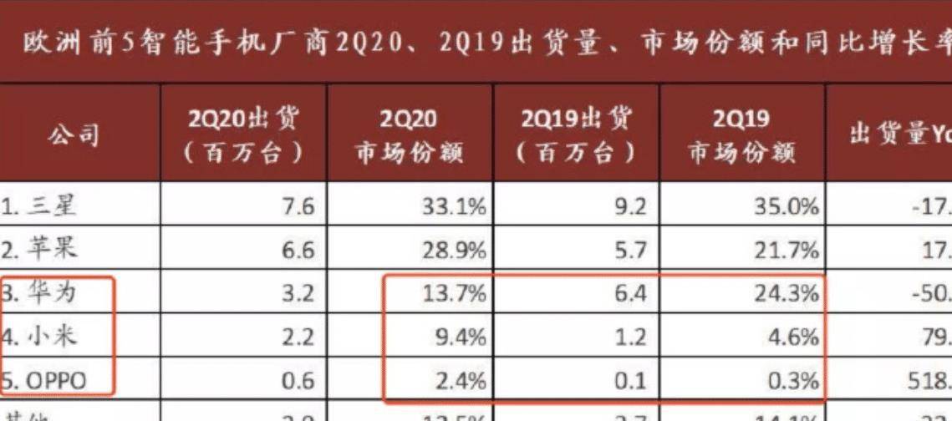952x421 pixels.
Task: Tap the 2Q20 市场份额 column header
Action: pyautogui.click(x=409, y=134)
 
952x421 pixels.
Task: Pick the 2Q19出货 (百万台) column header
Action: pyautogui.click(x=576, y=134)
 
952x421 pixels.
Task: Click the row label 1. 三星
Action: pyautogui.click(x=41, y=205)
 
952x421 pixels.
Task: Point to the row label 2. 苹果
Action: pyautogui.click(x=41, y=249)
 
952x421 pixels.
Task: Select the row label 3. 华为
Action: pyautogui.click(x=41, y=294)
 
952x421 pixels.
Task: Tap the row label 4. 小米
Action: pyautogui.click(x=41, y=338)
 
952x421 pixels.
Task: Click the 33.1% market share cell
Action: pyautogui.click(x=455, y=205)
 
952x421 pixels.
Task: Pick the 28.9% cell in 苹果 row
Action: pyautogui.click(x=455, y=250)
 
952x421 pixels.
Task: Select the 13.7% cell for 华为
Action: pyautogui.click(x=455, y=294)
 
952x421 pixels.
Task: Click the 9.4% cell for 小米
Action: pyautogui.click(x=461, y=338)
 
